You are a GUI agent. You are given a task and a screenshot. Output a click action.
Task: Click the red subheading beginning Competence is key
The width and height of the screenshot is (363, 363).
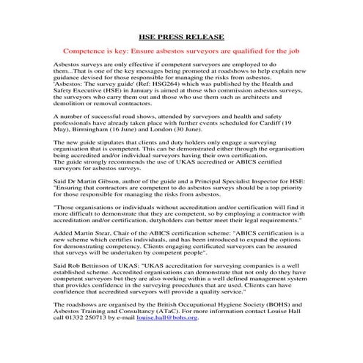(181, 53)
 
